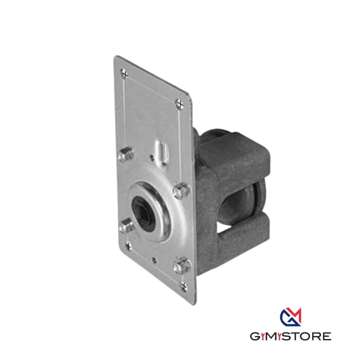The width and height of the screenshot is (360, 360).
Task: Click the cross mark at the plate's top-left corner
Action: [x=125, y=74]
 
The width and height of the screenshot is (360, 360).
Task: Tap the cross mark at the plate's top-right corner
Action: [x=180, y=104]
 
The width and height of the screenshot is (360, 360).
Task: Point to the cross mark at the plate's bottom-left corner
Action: [x=129, y=246]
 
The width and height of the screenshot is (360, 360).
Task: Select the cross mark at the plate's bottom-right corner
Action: [x=184, y=286]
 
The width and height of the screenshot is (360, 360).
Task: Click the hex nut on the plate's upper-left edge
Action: [x=126, y=154]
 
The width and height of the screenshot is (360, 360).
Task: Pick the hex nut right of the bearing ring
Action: [x=182, y=190]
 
